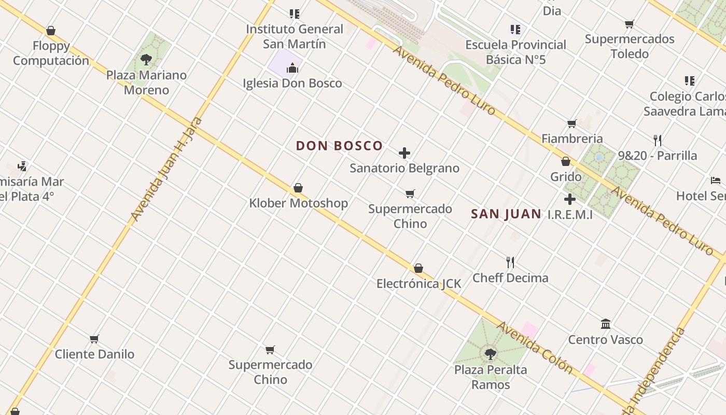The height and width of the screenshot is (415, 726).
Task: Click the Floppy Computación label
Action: pyautogui.click(x=51, y=53)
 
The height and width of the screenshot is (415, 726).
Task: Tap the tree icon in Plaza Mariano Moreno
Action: pyautogui.click(x=146, y=59)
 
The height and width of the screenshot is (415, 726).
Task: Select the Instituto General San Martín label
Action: pyautogui.click(x=294, y=36)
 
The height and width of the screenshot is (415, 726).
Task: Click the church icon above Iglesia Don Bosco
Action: pyautogui.click(x=292, y=68)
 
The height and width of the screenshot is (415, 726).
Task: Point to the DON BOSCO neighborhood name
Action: pyautogui.click(x=339, y=146)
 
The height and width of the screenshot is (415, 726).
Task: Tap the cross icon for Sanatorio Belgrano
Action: pyautogui.click(x=404, y=153)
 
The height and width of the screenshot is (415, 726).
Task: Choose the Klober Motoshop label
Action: pyautogui.click(x=298, y=203)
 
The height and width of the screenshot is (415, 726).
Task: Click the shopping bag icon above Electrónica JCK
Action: pyautogui.click(x=418, y=268)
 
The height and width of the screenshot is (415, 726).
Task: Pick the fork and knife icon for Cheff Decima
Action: pyautogui.click(x=510, y=262)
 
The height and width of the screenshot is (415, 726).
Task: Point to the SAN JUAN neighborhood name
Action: pyautogui.click(x=506, y=214)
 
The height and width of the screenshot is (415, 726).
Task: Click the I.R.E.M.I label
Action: pyautogui.click(x=570, y=214)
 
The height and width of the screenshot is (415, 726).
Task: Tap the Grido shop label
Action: pyautogui.click(x=566, y=177)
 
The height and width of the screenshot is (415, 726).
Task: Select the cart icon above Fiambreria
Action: pyautogui.click(x=571, y=123)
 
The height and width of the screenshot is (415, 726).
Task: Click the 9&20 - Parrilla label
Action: pyautogui.click(x=657, y=156)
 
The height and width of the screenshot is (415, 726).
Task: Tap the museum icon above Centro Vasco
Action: pyautogui.click(x=605, y=324)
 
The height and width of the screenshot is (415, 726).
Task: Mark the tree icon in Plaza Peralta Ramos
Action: pyautogui.click(x=490, y=354)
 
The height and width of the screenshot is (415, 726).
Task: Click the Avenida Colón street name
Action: pyautogui.click(x=535, y=348)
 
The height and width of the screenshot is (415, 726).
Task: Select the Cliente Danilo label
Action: pyautogui.click(x=94, y=354)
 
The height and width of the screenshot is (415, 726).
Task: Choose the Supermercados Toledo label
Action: pyautogui.click(x=630, y=46)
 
